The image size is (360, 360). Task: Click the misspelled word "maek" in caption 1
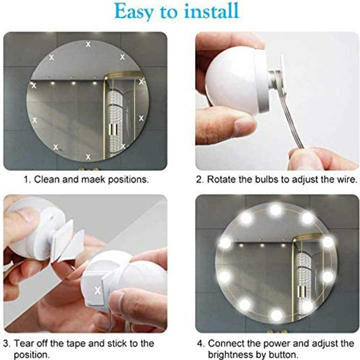tap(93, 179)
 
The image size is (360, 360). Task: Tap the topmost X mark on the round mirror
tap(88, 44)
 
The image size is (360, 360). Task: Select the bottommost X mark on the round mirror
tap(88, 157)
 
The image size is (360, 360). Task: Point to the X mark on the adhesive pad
tap(97, 290)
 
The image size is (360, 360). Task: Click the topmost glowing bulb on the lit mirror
tap(275, 209)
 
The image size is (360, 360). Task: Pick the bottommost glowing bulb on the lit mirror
tap(276, 315)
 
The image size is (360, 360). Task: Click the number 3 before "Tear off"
tap(6, 343)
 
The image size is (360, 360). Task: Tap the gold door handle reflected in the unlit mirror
tap(112, 128)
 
